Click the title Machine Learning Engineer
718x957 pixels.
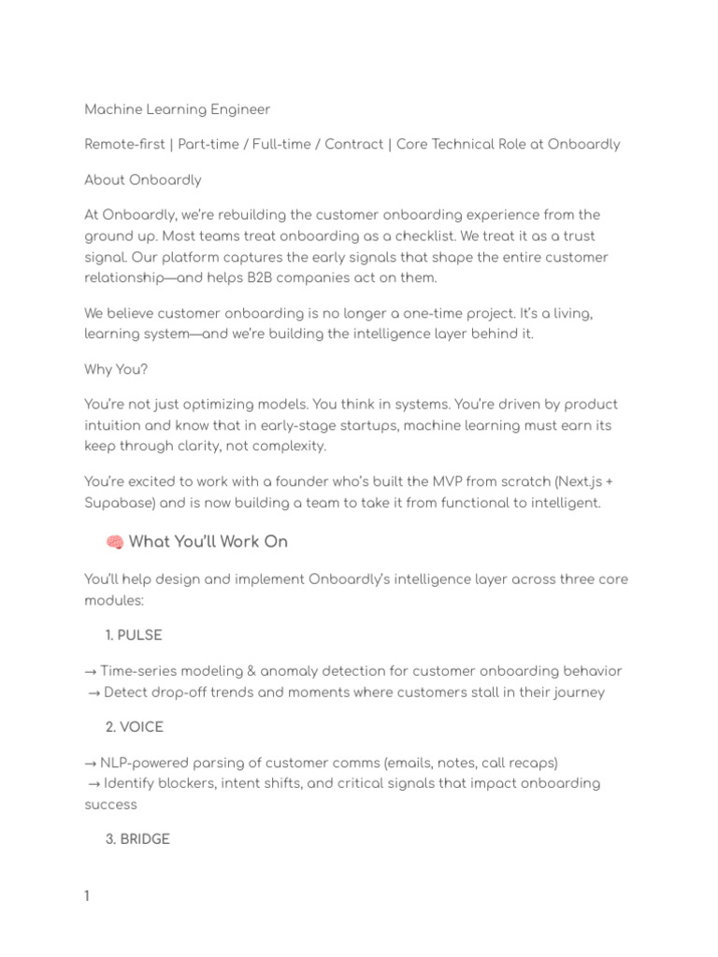click(177, 109)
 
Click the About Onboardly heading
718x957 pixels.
click(142, 179)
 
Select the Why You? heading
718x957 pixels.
click(116, 369)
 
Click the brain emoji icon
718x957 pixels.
click(115, 542)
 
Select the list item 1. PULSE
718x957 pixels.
click(134, 636)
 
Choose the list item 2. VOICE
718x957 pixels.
click(135, 726)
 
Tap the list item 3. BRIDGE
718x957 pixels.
click(137, 839)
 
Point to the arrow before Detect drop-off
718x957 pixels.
click(94, 693)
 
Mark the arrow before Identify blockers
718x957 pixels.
click(94, 783)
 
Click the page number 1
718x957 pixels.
click(87, 897)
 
